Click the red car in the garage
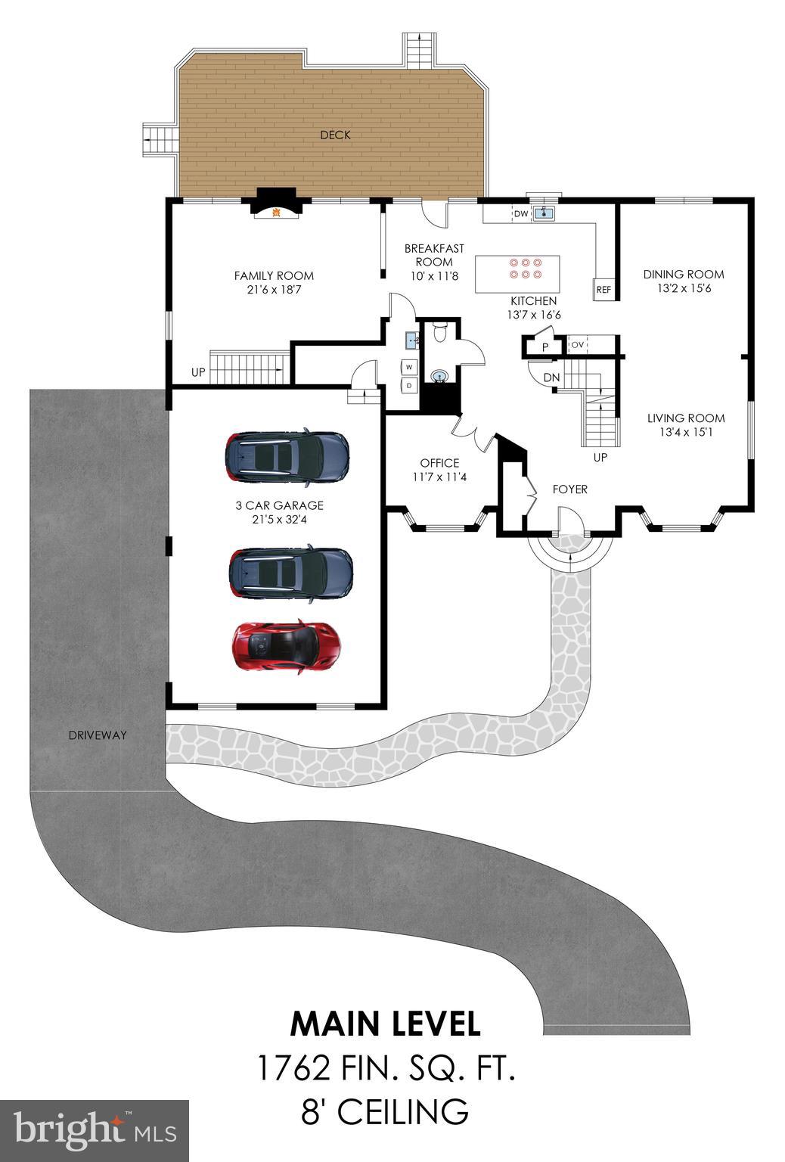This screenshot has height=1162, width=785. (286, 647)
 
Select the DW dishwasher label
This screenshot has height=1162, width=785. (520, 214)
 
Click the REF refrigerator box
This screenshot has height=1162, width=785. (603, 289)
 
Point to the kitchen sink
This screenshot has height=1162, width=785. (544, 213)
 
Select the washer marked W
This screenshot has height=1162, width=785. (409, 367)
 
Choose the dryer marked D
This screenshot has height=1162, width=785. (409, 385)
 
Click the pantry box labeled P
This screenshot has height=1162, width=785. (545, 347)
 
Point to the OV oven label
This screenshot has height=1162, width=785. (578, 345)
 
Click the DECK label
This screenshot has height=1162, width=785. (335, 135)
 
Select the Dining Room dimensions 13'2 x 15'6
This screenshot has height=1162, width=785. (683, 288)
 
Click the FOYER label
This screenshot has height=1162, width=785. (569, 489)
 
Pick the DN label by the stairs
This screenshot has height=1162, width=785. (551, 377)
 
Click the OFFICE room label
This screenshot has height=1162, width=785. (439, 463)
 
